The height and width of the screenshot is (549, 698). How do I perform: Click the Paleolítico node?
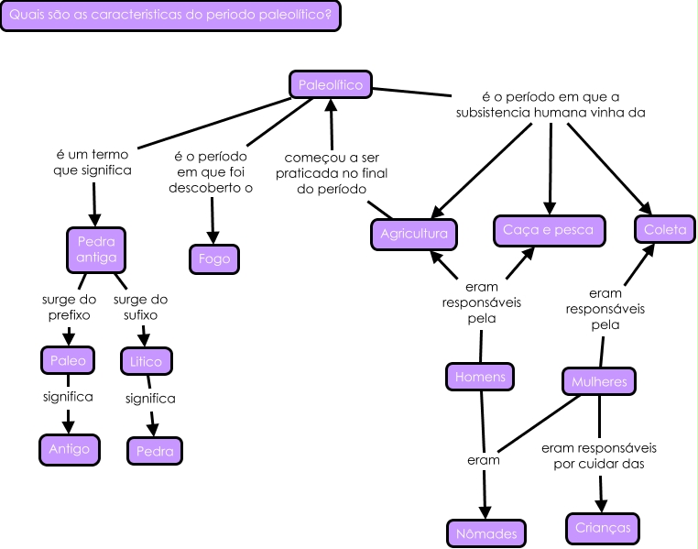(x=331, y=86)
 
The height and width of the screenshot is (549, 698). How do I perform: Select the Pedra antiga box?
(x=96, y=249)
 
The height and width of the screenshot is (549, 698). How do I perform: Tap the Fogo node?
(x=214, y=259)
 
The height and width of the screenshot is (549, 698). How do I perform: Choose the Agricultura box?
(x=414, y=234)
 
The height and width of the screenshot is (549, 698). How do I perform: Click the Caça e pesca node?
(x=549, y=230)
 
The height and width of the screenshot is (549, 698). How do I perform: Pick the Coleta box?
(x=664, y=230)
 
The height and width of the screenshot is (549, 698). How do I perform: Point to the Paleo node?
(x=68, y=360)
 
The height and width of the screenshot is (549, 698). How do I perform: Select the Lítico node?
(x=146, y=361)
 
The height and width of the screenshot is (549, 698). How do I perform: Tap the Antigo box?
(x=70, y=448)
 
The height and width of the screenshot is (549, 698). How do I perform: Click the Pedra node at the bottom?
(x=155, y=451)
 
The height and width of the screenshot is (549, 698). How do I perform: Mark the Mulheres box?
(x=599, y=380)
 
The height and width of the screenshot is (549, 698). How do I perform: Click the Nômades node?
(x=486, y=533)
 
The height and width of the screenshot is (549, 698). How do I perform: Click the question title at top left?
(x=170, y=16)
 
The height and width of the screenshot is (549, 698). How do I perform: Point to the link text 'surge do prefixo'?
(x=68, y=307)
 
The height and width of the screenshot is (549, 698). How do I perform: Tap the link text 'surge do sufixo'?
(x=140, y=307)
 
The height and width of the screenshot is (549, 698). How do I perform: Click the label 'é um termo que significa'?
(x=93, y=162)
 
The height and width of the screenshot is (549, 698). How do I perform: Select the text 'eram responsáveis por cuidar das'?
(x=599, y=456)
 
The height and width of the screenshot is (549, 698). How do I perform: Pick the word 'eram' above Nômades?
(x=483, y=460)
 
